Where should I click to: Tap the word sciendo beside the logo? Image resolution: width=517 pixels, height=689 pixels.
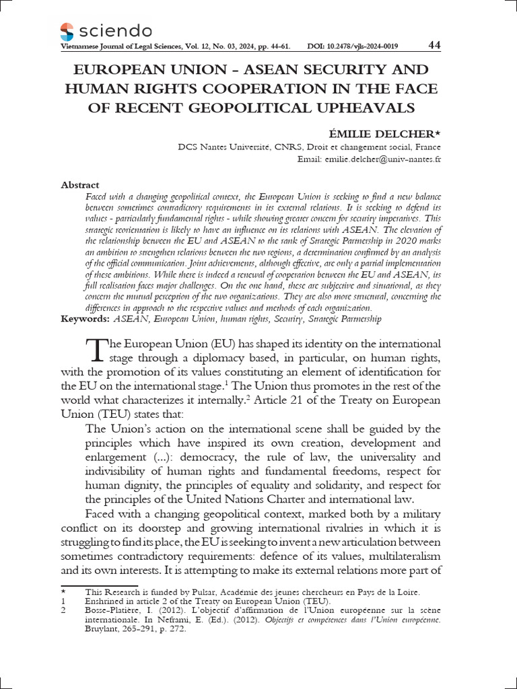tap(115, 30)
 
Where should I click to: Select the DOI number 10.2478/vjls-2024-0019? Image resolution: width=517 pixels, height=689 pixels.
tap(363, 46)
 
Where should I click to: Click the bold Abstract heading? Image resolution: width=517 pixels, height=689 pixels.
tap(80, 185)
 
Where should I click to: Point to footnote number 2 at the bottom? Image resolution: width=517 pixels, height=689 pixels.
tap(63, 611)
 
